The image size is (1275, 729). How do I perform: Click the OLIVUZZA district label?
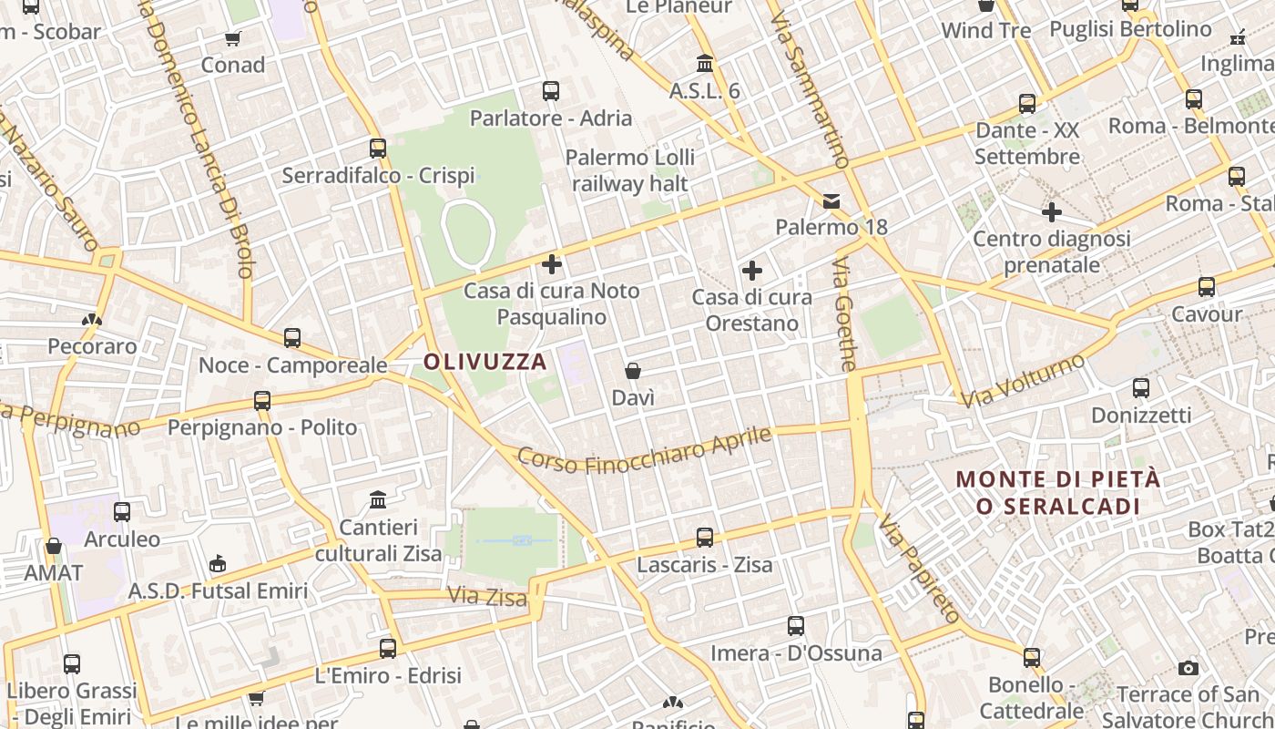click(x=485, y=362)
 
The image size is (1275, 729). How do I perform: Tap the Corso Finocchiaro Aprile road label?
click(x=645, y=450)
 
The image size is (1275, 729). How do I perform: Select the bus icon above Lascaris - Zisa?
click(x=705, y=538)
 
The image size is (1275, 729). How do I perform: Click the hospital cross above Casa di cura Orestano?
click(x=752, y=271)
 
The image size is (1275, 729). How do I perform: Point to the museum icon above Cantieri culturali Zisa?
click(x=378, y=499)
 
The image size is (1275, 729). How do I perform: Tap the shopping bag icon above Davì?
click(x=633, y=371)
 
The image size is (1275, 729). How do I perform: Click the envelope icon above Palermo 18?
click(x=831, y=200)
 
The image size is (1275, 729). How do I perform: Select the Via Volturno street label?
click(x=1024, y=380)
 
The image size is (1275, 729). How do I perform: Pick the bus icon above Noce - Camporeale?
click(x=292, y=338)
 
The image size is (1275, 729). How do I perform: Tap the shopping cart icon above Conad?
click(x=233, y=38)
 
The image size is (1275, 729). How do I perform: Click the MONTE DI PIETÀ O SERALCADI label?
click(x=1058, y=492)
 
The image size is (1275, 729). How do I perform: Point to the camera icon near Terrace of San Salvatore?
click(x=1188, y=669)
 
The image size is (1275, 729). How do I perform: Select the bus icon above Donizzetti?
click(x=1141, y=388)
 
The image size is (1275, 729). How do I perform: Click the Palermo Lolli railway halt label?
click(x=629, y=169)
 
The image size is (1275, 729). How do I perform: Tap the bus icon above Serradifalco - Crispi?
click(x=378, y=148)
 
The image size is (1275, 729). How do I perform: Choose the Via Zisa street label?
click(x=487, y=597)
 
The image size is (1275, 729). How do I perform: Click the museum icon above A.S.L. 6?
click(x=705, y=64)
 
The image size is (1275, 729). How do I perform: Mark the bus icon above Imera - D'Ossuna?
click(x=796, y=626)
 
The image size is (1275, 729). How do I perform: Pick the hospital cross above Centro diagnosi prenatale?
click(x=1052, y=212)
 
